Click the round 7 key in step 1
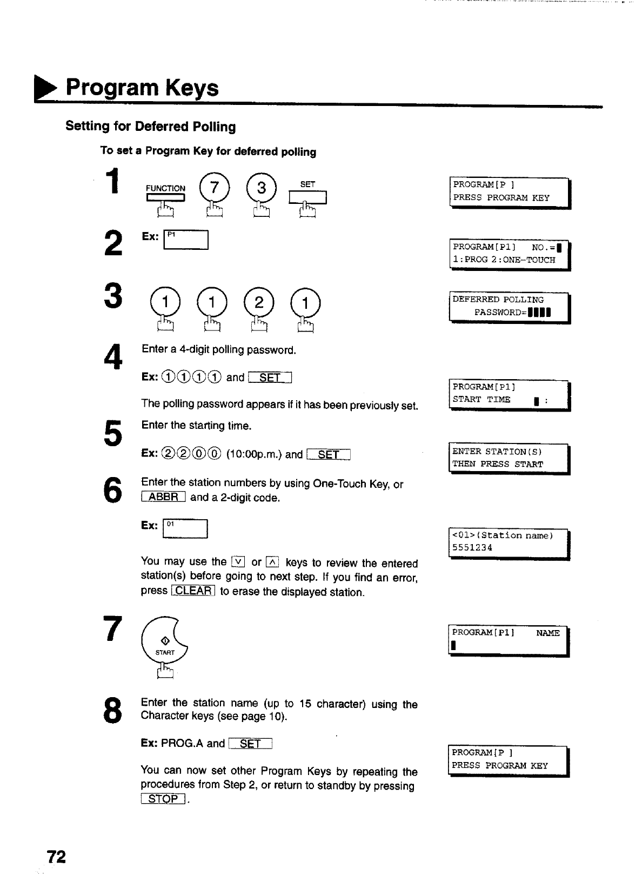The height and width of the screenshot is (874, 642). coord(215,189)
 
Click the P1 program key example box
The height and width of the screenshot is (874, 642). coord(185,240)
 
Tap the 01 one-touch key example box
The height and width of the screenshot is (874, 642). coord(185,529)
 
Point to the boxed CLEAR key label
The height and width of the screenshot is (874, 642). coord(193,591)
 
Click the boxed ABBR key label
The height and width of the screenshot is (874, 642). coord(163,497)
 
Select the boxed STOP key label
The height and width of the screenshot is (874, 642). coord(164,799)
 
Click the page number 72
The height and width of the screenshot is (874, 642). coord(56,857)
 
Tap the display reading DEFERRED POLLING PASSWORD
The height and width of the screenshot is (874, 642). coord(510,307)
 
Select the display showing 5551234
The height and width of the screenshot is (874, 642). coord(510,542)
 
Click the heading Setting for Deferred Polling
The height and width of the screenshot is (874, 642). coord(151,127)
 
